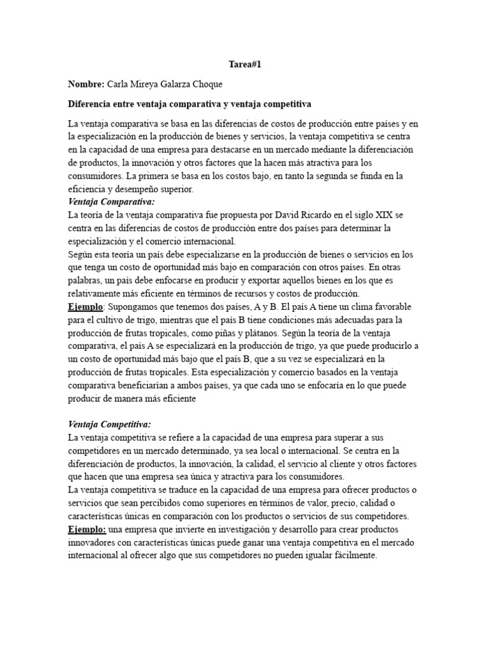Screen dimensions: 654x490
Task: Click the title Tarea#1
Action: coord(245,65)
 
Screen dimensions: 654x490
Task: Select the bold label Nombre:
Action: coord(87,84)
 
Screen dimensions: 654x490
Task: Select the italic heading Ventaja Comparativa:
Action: coord(107,202)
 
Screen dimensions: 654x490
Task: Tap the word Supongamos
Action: coord(137,307)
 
